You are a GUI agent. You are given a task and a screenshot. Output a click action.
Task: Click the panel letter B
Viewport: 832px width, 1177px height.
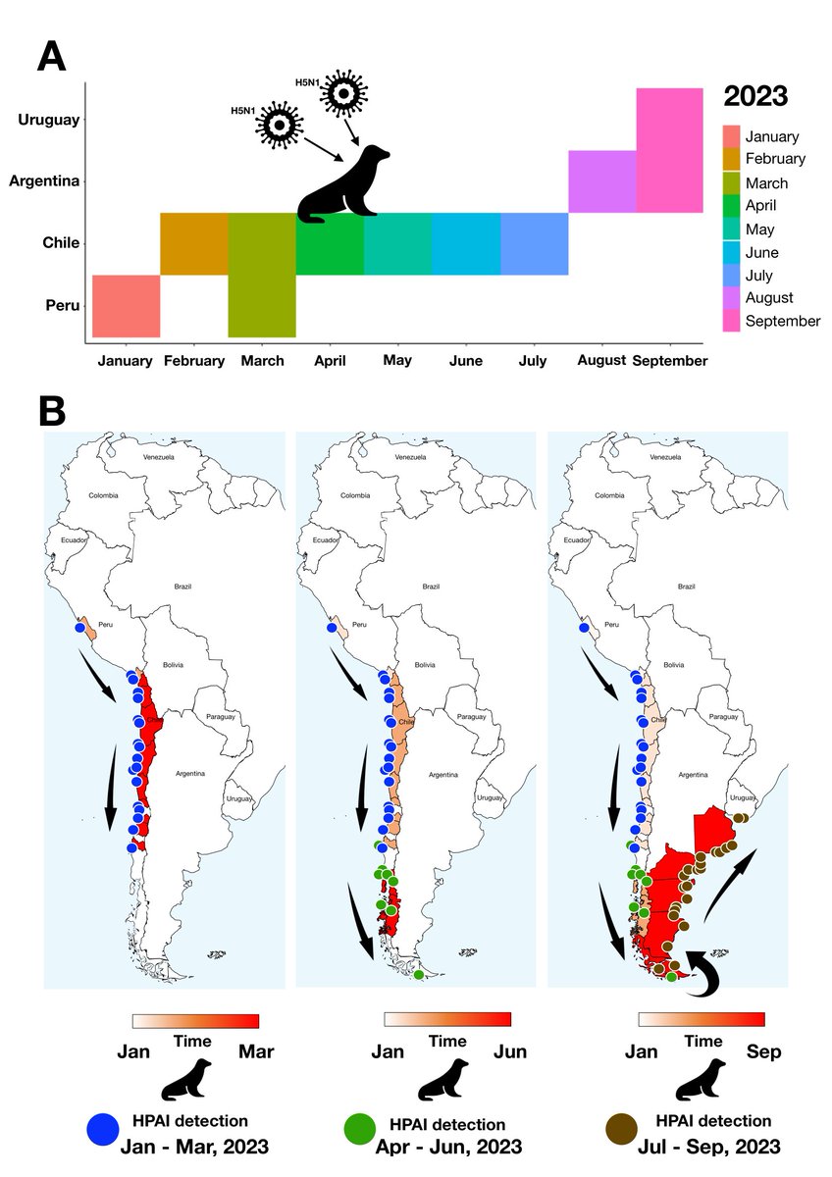(x=51, y=411)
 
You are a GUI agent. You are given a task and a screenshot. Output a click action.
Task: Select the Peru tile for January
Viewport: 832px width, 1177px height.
(x=126, y=306)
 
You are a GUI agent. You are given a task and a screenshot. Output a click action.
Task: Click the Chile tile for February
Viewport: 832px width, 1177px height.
(x=194, y=243)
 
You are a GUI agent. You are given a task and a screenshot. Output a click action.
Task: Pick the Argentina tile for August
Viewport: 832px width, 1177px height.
(x=602, y=181)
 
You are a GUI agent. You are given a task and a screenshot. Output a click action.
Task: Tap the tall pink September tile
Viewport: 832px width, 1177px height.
(x=669, y=150)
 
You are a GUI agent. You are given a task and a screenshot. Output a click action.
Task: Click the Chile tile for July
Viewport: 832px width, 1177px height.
(x=535, y=243)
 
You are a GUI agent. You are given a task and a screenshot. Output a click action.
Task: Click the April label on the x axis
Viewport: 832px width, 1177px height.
(x=330, y=361)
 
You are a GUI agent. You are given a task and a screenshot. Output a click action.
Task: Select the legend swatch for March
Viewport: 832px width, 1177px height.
(x=730, y=182)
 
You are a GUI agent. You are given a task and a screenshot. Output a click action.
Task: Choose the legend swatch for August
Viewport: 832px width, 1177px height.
(x=730, y=297)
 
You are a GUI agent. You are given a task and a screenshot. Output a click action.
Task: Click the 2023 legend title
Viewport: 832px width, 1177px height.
(x=754, y=96)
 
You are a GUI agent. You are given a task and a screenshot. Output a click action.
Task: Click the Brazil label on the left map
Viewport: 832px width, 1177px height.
(x=182, y=586)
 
